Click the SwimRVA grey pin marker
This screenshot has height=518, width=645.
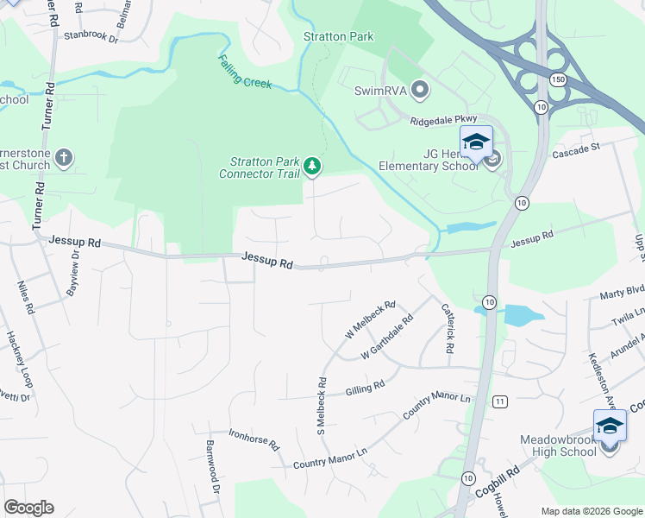420,89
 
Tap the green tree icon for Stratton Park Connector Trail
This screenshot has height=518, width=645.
312,166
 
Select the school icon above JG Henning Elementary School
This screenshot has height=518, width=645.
476,142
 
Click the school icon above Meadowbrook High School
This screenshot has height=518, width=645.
610,426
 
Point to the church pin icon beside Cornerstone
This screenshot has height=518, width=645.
63,157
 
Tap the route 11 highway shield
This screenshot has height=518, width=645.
499,401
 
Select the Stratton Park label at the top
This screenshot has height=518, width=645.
339,36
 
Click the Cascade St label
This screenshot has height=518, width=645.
575,148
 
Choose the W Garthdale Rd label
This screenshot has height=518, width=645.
387,338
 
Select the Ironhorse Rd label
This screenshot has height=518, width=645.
254,439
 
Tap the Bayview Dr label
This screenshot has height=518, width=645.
74,269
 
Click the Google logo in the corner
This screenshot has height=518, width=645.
28,508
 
